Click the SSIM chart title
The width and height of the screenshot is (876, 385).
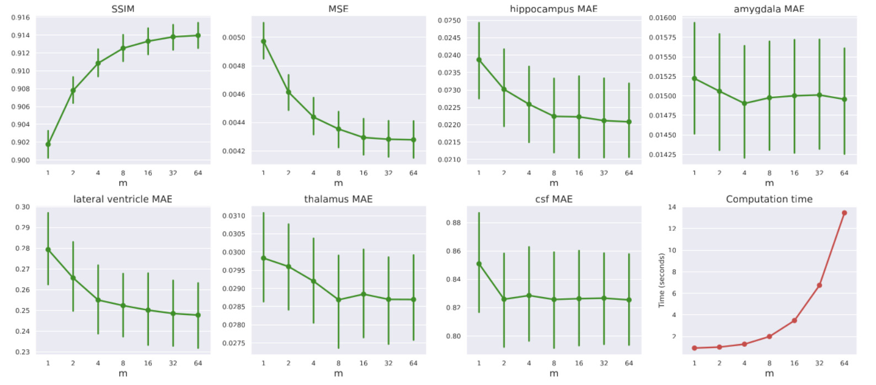[x=122, y=9]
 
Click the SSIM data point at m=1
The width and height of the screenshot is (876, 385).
[x=48, y=144]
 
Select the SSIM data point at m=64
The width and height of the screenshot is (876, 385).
[x=198, y=35]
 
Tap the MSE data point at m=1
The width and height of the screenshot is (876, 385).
[x=263, y=41]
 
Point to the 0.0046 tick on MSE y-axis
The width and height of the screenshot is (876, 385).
[x=233, y=94]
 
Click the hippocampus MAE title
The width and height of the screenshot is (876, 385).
[x=553, y=9]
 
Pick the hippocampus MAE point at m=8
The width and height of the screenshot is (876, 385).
[x=554, y=117]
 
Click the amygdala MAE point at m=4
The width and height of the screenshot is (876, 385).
[x=744, y=103]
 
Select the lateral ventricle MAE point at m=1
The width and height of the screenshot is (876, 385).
[x=48, y=250]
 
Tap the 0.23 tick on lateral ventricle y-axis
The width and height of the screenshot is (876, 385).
[x=23, y=352]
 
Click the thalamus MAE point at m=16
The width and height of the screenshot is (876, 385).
[x=364, y=294]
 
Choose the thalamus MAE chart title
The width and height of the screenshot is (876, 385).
[x=338, y=199]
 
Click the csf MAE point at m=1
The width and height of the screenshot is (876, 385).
[x=479, y=264]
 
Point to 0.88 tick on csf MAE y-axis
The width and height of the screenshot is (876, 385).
[x=453, y=223]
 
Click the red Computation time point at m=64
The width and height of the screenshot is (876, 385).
[x=844, y=213]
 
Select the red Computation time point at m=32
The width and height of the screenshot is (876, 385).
[x=819, y=286]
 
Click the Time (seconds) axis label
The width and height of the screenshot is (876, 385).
[x=661, y=280]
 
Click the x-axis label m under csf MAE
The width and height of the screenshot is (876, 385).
[x=554, y=373]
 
